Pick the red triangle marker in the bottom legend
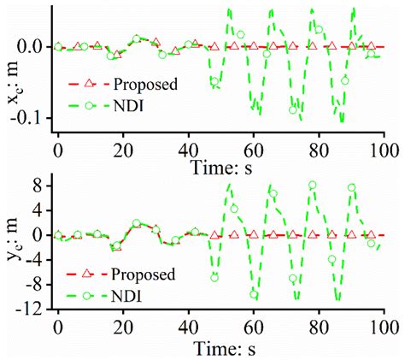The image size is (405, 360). (88, 274)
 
